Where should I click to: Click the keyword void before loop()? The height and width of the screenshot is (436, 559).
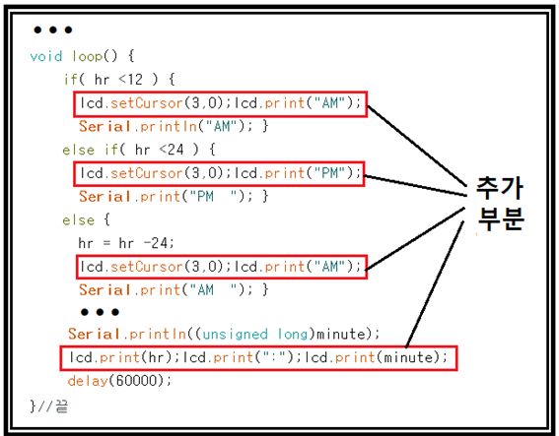(x=46, y=56)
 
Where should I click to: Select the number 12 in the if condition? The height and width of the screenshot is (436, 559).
(x=135, y=80)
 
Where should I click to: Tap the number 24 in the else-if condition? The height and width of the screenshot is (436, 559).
(x=175, y=150)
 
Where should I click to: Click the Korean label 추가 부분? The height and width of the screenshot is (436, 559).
(x=500, y=203)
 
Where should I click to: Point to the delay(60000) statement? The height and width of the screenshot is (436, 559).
(x=119, y=381)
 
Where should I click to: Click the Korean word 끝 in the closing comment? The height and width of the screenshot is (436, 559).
(x=61, y=406)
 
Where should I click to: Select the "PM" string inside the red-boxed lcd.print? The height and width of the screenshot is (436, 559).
(x=329, y=173)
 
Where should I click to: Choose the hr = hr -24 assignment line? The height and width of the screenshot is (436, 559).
(x=126, y=243)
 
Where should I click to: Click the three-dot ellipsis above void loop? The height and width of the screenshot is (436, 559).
(x=53, y=30)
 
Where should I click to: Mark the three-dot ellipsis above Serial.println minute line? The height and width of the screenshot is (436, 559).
(x=100, y=312)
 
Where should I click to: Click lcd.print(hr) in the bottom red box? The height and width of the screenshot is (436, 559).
(x=120, y=357)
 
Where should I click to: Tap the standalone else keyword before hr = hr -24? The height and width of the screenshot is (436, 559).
(x=79, y=219)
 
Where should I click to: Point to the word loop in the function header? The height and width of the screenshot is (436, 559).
(x=88, y=56)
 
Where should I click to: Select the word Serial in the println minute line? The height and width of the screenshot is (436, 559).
(x=95, y=335)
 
